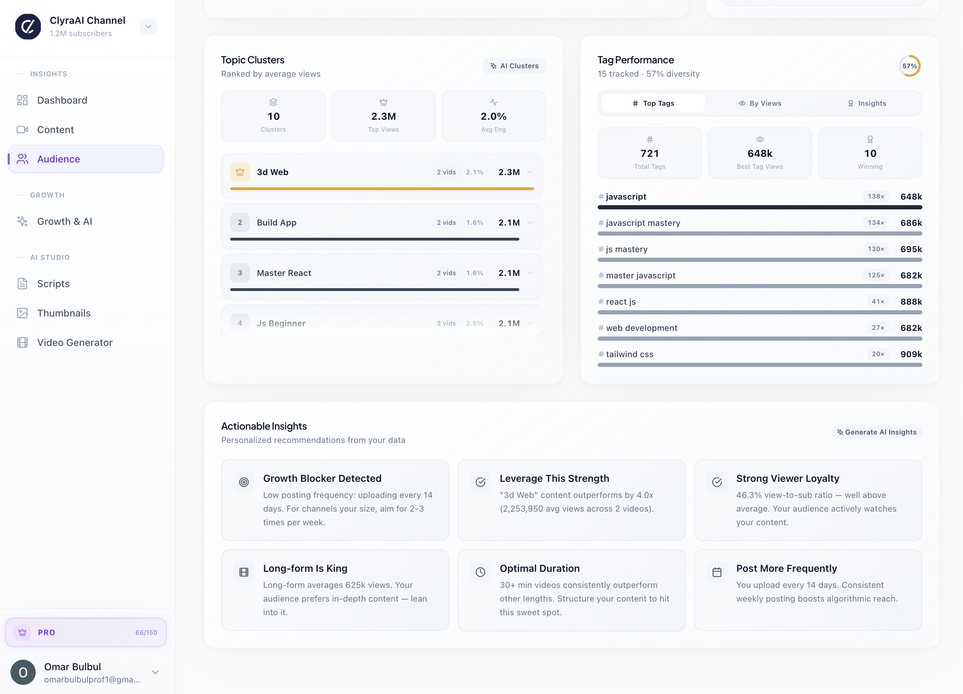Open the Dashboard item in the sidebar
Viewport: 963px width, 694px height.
click(62, 100)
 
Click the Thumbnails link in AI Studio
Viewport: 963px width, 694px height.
click(64, 313)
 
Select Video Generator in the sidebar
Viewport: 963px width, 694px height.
click(75, 342)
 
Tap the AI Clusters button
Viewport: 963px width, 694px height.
click(514, 66)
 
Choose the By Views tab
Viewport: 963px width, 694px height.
click(760, 103)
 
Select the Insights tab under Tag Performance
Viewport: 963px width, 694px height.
click(867, 103)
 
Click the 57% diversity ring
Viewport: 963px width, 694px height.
click(909, 66)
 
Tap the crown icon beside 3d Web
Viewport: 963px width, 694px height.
click(240, 172)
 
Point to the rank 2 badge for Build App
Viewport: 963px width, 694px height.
click(240, 223)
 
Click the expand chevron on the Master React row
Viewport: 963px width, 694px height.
click(530, 273)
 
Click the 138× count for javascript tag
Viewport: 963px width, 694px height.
click(876, 196)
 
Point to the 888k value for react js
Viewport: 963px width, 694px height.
click(911, 302)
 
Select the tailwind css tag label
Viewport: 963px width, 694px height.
click(629, 354)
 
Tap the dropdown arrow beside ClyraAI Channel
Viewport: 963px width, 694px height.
click(148, 27)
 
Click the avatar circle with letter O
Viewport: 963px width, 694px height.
click(23, 672)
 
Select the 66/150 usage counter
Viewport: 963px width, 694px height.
click(146, 632)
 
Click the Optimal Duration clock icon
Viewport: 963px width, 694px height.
click(480, 572)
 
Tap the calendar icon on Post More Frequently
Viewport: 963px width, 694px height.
click(717, 572)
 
